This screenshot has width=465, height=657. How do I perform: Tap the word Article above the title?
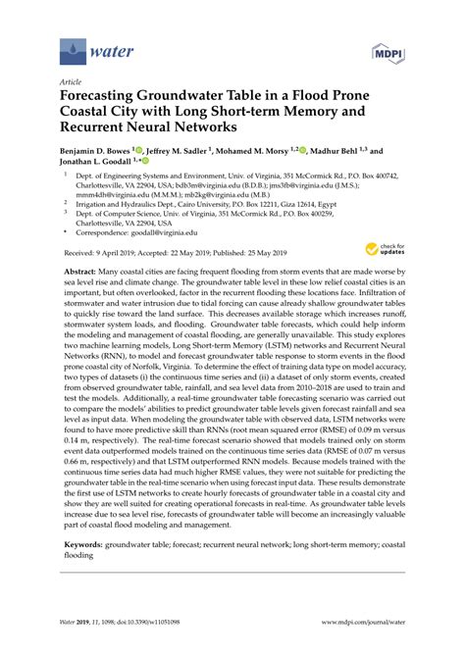(71, 83)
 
